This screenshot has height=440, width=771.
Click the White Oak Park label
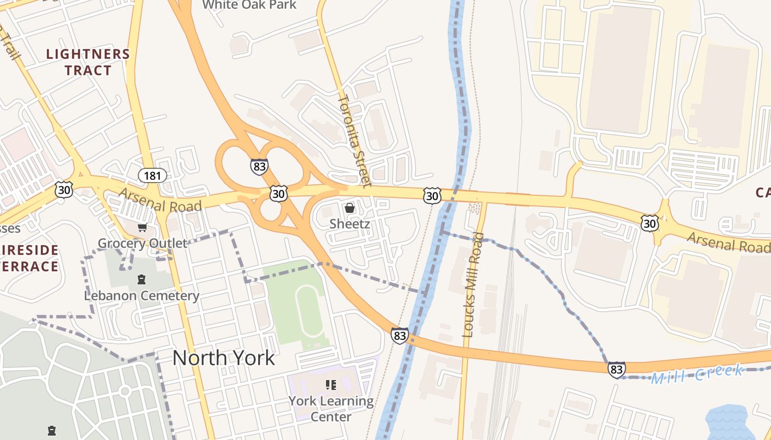pos(249,5)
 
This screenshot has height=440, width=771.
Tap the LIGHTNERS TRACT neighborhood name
pos(88,62)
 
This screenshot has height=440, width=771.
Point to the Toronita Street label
pos(355,140)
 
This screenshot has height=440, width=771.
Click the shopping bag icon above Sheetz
pos(350,208)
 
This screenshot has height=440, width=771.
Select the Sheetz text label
pos(350,224)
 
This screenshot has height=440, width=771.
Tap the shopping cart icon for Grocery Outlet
pos(142,227)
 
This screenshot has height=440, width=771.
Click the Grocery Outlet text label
pos(142,243)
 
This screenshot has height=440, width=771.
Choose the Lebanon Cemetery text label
pos(142,295)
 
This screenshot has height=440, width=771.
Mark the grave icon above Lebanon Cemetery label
pos(142,279)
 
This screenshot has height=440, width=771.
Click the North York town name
pos(224,358)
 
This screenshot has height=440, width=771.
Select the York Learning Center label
pos(331,409)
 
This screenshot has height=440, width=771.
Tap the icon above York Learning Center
pos(331,385)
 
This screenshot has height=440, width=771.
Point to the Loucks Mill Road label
pos(473,284)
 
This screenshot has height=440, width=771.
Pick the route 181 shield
pos(152,175)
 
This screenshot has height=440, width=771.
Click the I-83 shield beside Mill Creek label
pos(617,370)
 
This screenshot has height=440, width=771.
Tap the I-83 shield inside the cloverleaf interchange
pos(259,167)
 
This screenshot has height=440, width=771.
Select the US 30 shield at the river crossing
pos(432,195)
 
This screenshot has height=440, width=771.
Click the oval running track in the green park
pos(310,311)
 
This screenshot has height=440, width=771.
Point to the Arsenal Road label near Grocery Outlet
pos(160,200)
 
